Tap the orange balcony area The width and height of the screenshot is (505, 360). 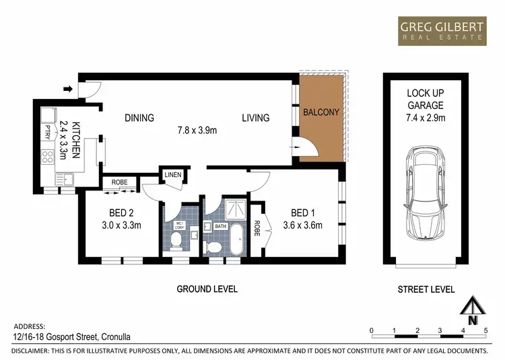[321, 118]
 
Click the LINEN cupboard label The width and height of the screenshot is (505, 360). [172, 176]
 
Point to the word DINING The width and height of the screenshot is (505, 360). [139, 118]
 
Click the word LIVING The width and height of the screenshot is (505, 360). [256, 118]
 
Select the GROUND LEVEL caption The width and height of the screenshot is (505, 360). [207, 289]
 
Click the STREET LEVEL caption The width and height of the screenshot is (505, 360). [426, 289]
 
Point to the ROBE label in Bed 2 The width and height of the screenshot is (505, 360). [120, 182]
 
